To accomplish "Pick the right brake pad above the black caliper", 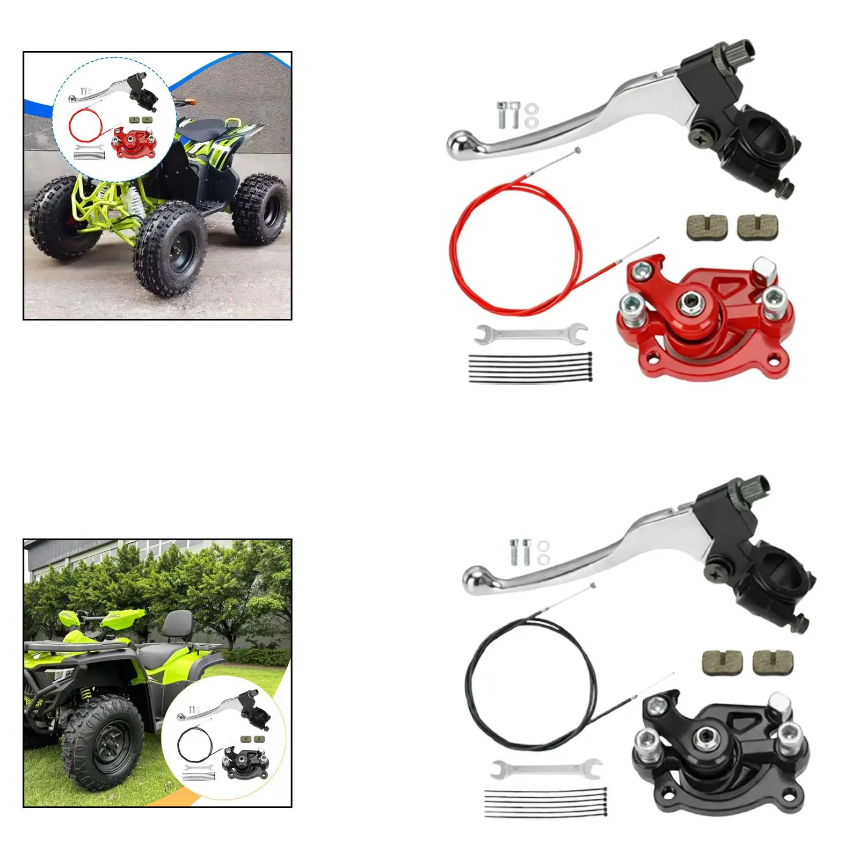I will click(773, 663).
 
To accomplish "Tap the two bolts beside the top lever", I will click(507, 114).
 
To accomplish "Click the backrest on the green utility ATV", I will click(177, 625).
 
